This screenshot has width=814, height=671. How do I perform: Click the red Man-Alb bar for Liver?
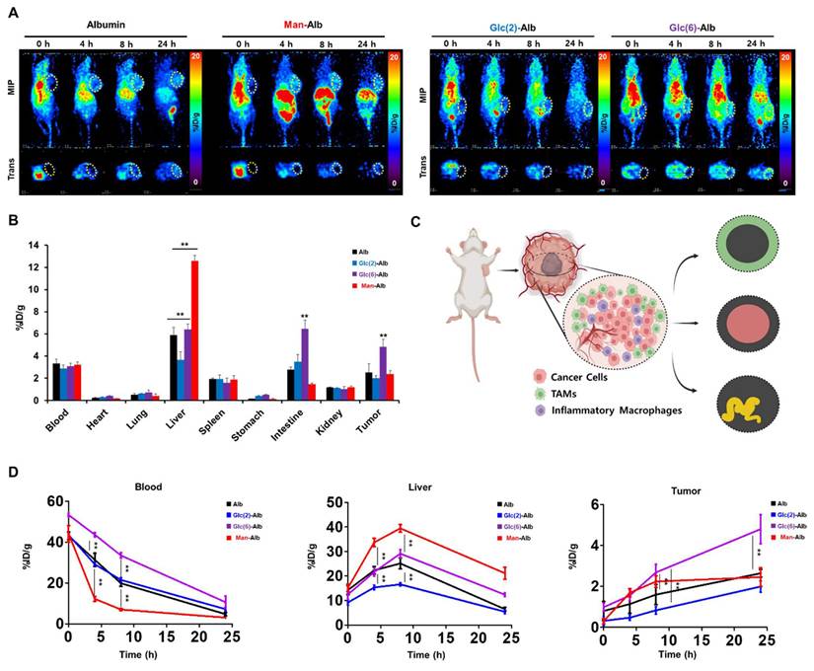(x=194, y=330)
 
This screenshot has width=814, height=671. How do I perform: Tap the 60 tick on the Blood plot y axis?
(x=50, y=502)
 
